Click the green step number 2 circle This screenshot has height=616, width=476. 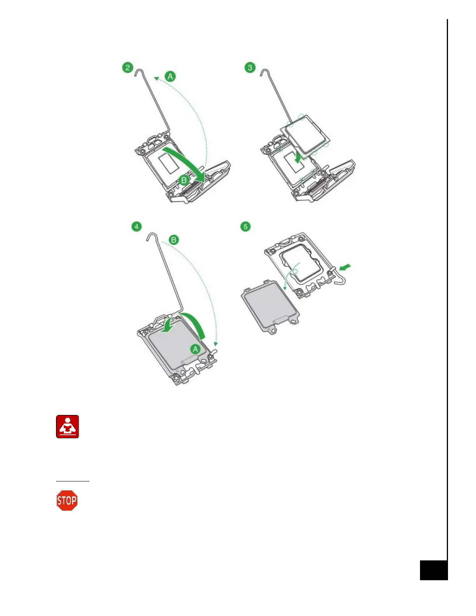(x=128, y=68)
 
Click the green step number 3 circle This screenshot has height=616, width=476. (x=250, y=68)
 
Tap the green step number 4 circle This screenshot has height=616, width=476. (x=136, y=226)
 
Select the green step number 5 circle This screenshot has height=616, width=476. (x=245, y=226)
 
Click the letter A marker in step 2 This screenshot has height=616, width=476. (x=170, y=76)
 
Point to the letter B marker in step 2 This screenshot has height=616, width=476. (x=184, y=180)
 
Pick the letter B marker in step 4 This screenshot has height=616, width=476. (x=173, y=240)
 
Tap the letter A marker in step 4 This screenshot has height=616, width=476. (x=195, y=349)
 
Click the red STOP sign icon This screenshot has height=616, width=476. (x=67, y=500)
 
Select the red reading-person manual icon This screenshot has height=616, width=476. (x=67, y=427)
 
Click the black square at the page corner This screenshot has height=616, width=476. (x=434, y=570)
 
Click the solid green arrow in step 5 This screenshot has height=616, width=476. (x=345, y=268)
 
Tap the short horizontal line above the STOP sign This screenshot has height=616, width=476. (x=72, y=481)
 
